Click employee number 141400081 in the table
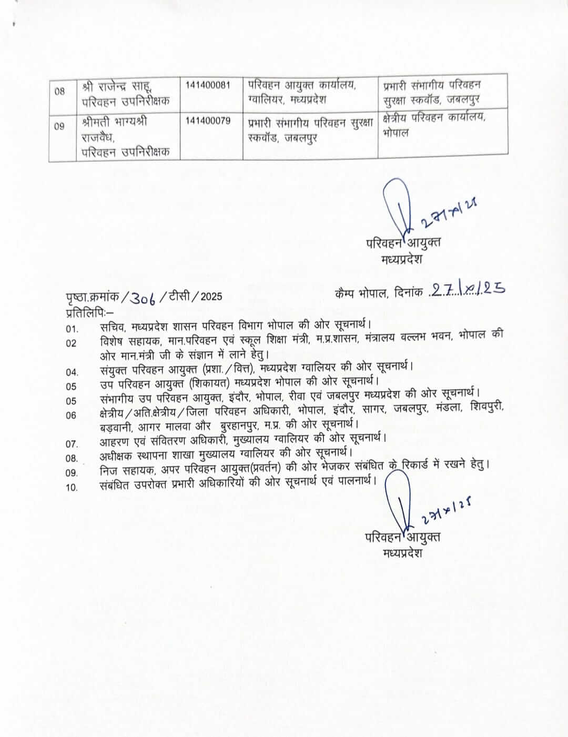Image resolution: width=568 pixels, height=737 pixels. [208, 85]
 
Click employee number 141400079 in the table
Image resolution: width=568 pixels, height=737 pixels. [208, 121]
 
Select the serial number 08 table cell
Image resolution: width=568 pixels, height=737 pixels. [60, 91]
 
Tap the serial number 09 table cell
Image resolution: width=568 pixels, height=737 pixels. [59, 126]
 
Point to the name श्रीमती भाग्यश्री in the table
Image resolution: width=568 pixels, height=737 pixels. [115, 122]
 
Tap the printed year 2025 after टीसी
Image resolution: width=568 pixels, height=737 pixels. [211, 297]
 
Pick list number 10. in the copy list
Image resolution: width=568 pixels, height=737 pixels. [72, 487]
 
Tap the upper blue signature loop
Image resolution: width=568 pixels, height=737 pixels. [394, 203]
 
